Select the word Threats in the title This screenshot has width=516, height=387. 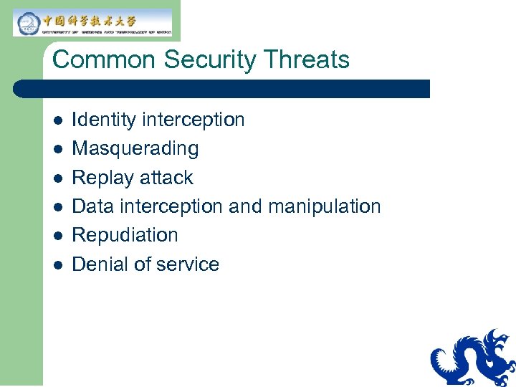308,59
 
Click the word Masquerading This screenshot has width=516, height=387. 135,149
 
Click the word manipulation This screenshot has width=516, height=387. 324,206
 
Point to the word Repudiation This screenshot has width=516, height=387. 125,235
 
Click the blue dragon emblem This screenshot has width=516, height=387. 473,358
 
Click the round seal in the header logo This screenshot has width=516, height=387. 27,23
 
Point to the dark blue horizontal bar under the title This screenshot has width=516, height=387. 222,89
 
